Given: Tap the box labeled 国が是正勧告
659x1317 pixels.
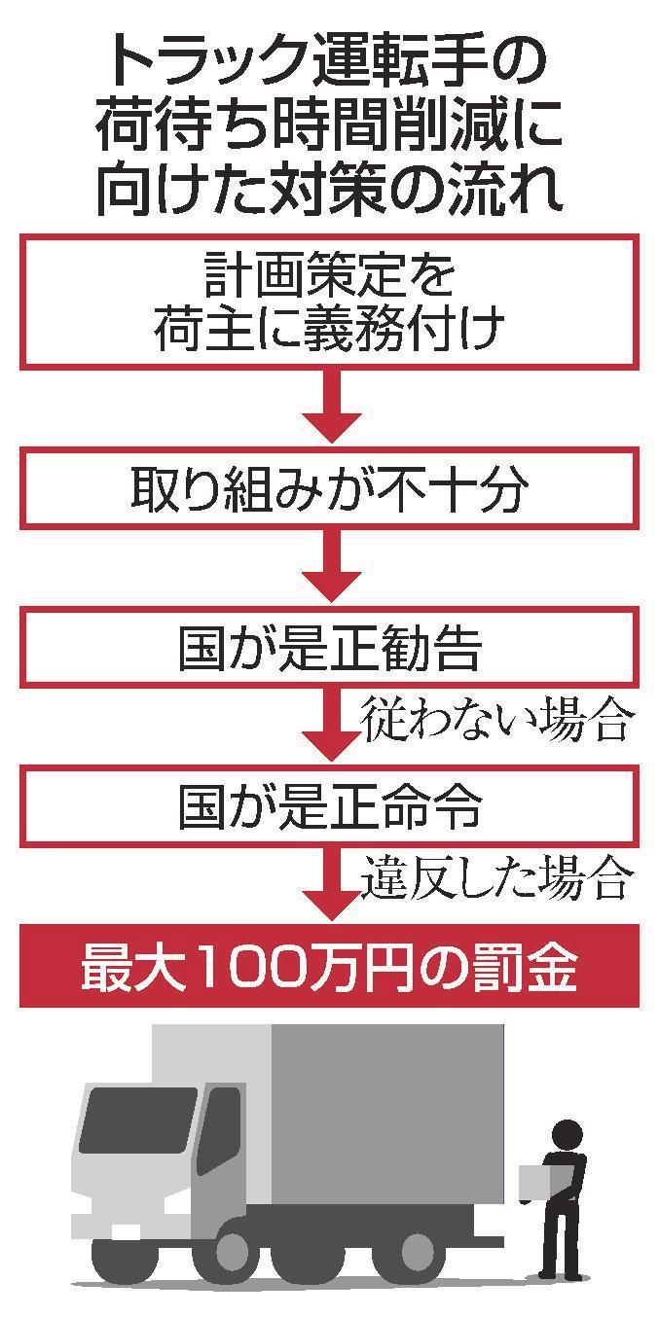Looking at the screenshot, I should click(330, 647).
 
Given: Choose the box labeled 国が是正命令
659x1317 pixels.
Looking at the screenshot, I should click(330, 805).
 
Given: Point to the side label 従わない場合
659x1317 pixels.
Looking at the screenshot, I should click(497, 720).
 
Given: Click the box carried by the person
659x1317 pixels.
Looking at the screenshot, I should click(534, 1183).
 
